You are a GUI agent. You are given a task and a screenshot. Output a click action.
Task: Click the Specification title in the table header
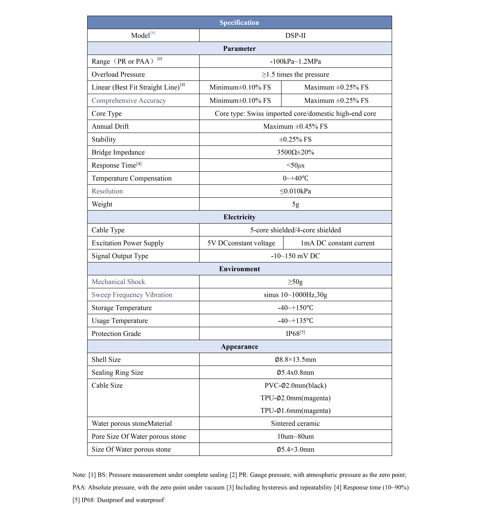pyautogui.click(x=239, y=23)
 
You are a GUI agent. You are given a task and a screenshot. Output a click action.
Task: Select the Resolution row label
pyautogui.click(x=107, y=191)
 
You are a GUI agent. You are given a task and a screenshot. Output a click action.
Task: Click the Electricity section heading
pyautogui.click(x=239, y=217)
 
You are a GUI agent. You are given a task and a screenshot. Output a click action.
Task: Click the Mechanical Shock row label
pyautogui.click(x=118, y=282)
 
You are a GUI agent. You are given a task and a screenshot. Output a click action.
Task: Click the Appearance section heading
pyautogui.click(x=239, y=347)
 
